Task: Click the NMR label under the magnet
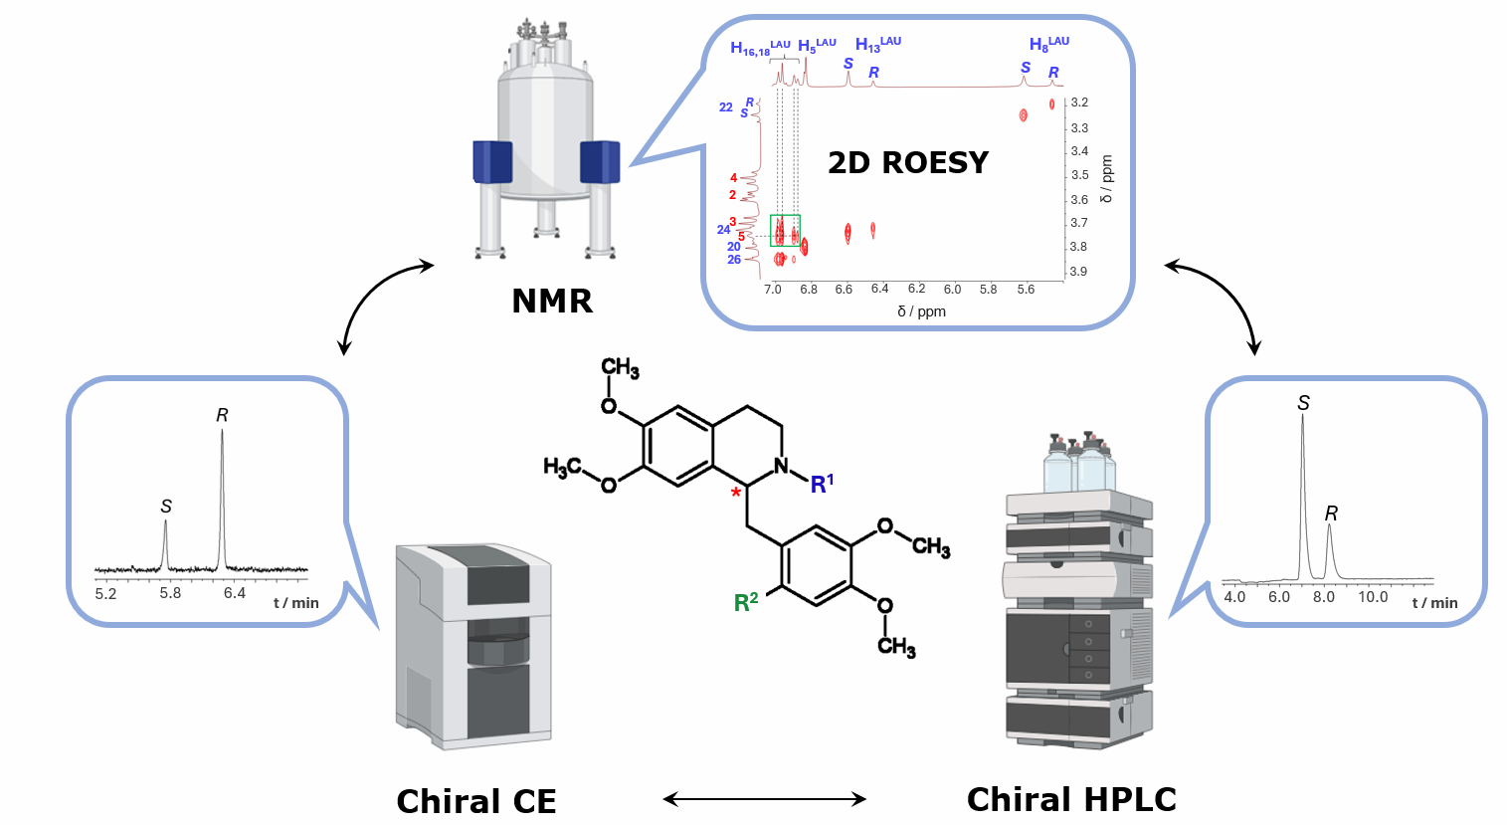click(551, 301)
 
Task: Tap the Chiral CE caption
click(475, 801)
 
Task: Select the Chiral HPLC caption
click(1071, 799)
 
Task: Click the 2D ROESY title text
click(907, 162)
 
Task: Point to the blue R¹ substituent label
click(822, 484)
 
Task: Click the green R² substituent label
click(746, 601)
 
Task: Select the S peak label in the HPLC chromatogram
click(1303, 403)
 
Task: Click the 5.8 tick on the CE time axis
click(170, 593)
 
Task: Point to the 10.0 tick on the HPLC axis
click(1373, 597)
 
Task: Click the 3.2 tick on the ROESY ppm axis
click(1079, 103)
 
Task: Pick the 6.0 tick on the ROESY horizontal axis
click(952, 290)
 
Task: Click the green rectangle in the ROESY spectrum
click(785, 230)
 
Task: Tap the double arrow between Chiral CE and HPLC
click(764, 799)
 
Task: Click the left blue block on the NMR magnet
click(492, 162)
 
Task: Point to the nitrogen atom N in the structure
click(781, 465)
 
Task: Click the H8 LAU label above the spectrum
click(1048, 44)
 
